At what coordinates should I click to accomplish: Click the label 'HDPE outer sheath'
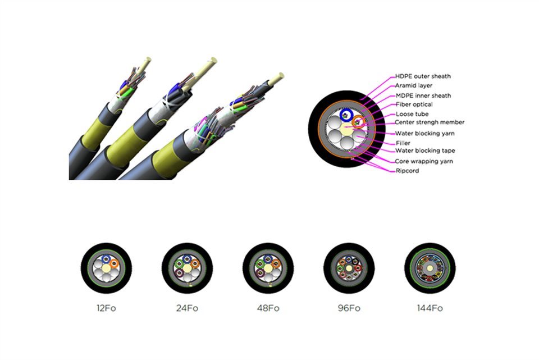423,76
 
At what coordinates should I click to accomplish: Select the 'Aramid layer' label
414,85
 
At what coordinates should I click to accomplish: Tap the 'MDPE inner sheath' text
423,95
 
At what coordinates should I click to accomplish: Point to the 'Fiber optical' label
414,104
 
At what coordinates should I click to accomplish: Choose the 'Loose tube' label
412,114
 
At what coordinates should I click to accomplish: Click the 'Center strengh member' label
430,122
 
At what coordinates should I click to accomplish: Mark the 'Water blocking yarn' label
425,134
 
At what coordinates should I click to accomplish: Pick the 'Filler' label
403,143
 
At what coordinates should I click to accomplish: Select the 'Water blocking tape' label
425,151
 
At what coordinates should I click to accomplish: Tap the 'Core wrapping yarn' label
424,161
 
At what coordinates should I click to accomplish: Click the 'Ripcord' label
407,171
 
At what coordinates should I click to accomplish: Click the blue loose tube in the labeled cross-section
346,116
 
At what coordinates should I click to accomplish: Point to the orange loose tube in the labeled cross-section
359,122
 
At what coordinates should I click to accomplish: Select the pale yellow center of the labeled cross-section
346,130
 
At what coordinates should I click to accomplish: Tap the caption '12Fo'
106,308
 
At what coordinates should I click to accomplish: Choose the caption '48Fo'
268,308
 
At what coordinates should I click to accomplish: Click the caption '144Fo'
430,308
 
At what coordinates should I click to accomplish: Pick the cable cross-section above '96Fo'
349,268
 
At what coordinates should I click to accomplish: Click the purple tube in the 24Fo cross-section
179,273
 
